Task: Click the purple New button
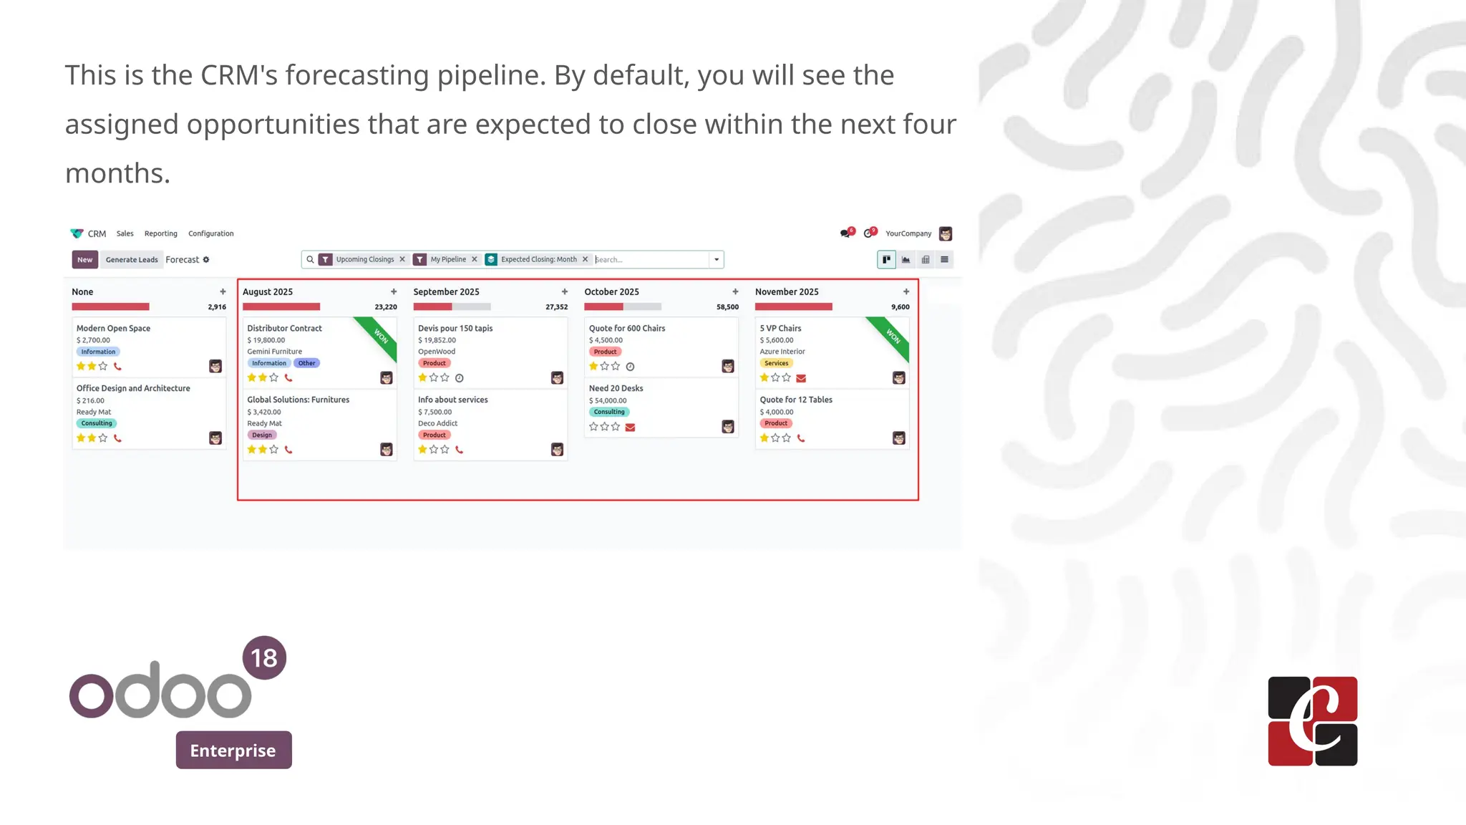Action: click(x=84, y=259)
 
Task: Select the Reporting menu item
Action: click(x=160, y=233)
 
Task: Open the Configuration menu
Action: click(x=210, y=233)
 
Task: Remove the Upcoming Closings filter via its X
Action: click(x=402, y=259)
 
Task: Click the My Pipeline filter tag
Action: click(x=448, y=259)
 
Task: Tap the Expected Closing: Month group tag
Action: click(x=538, y=259)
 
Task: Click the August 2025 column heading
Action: click(x=268, y=291)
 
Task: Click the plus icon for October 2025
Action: click(x=735, y=291)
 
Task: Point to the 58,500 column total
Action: click(x=727, y=307)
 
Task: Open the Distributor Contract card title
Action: click(x=284, y=328)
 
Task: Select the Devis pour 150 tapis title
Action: click(x=455, y=328)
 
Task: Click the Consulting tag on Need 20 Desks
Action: click(x=609, y=412)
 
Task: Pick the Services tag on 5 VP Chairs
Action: click(x=776, y=363)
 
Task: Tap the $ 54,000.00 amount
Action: click(x=608, y=400)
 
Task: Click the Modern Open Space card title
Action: click(x=113, y=328)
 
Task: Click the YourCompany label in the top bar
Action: click(x=908, y=233)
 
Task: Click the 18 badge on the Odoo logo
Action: click(x=264, y=657)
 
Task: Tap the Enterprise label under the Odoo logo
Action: click(x=233, y=750)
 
